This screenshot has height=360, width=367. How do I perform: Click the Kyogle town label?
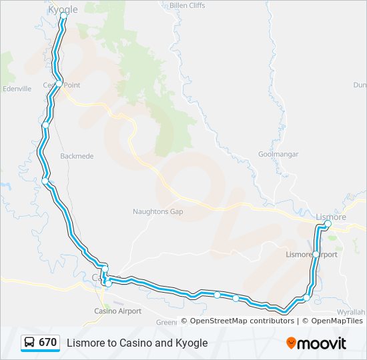point(63,9)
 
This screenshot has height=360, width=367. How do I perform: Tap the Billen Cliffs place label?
point(188,5)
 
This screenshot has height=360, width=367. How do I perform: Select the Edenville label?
point(17,88)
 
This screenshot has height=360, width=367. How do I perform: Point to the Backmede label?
point(77,156)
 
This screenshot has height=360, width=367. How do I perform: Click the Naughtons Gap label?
point(157,211)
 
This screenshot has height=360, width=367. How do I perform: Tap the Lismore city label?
point(330,217)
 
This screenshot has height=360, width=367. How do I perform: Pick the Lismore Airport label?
point(312,255)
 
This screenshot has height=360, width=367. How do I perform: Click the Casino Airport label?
point(117,311)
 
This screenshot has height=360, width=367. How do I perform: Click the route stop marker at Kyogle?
point(63,15)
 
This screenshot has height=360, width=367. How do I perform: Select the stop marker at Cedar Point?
point(59,84)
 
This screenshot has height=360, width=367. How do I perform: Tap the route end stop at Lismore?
point(328,225)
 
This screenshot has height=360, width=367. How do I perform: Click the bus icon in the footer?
point(30,343)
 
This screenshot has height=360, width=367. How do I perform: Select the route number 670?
point(47,343)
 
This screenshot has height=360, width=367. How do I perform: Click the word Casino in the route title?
point(133,343)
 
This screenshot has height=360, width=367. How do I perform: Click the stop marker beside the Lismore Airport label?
point(316,254)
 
